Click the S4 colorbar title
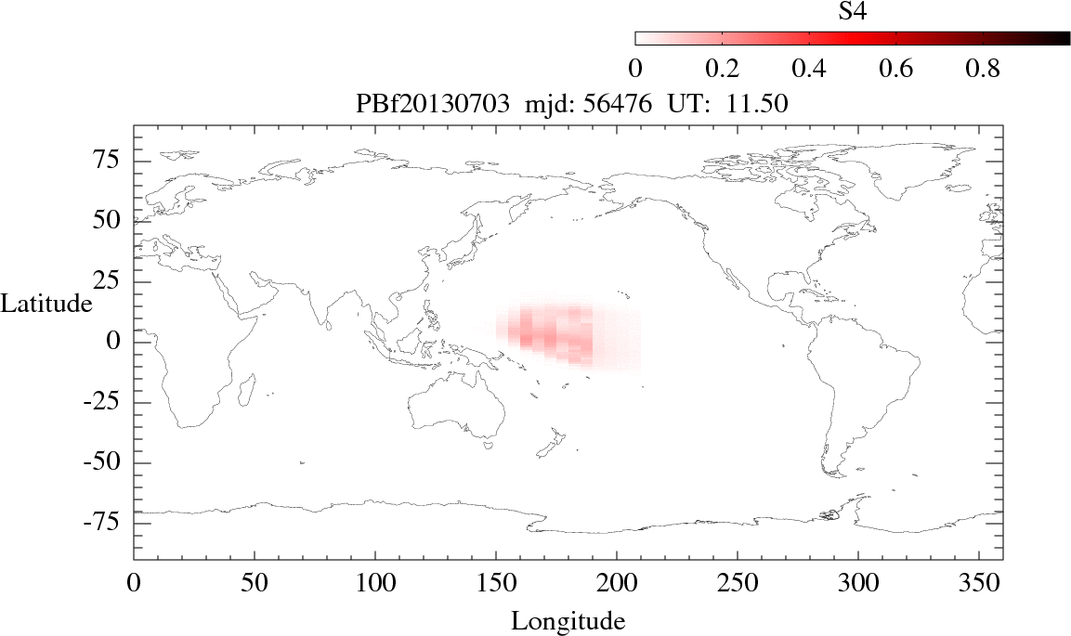pos(853,12)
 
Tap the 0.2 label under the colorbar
pos(722,69)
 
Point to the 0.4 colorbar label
pos(809,69)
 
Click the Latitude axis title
pos(46,304)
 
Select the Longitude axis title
pos(568,620)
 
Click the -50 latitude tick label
pos(104,462)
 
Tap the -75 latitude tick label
pos(104,523)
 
